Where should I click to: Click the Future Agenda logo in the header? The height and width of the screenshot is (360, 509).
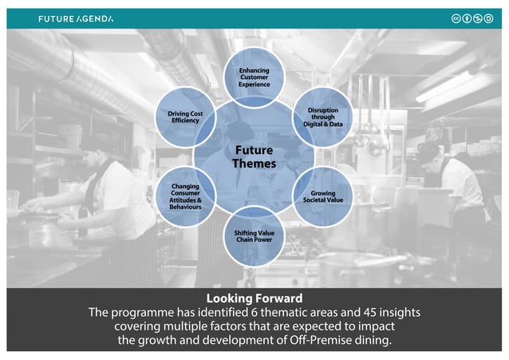75,18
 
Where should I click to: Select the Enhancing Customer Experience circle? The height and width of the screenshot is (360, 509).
254,77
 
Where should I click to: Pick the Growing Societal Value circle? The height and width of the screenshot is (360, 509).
322,196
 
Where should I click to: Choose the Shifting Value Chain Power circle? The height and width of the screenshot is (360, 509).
254,235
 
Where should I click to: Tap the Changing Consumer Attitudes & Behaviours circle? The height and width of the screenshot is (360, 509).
186,196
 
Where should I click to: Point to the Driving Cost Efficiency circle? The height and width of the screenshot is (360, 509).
185,117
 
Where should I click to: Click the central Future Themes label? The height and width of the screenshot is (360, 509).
254,156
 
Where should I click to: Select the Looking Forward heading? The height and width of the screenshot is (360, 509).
254,299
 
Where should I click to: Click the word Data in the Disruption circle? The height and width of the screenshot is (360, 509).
335,125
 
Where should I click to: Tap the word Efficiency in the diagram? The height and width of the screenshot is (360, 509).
185,121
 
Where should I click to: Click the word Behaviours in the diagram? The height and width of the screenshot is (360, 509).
186,208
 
